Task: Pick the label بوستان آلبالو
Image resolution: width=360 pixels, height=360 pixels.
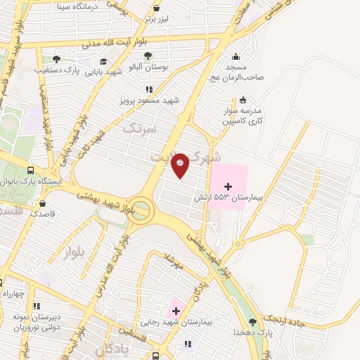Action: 149,65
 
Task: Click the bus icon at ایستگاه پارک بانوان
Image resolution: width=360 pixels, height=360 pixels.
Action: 30,170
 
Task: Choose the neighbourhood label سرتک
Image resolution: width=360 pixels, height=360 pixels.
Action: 136,129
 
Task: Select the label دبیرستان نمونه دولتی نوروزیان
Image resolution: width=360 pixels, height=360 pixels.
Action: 36,322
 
